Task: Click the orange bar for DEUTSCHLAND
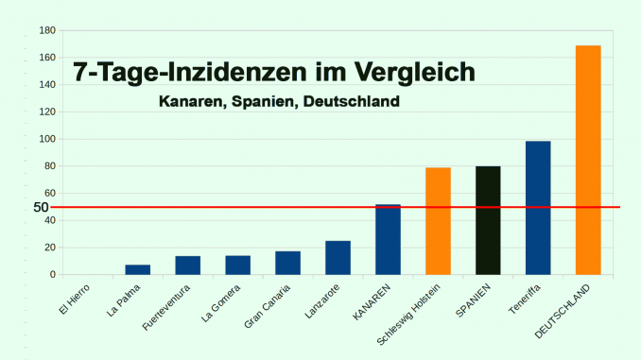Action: click(x=588, y=160)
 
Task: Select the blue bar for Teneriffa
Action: click(x=538, y=208)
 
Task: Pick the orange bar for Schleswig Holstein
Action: click(x=438, y=221)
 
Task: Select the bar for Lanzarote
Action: click(x=338, y=258)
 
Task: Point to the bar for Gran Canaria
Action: click(x=287, y=263)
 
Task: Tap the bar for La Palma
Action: click(x=138, y=269)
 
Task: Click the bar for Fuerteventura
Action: click(x=187, y=266)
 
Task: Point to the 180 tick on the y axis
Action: click(x=45, y=30)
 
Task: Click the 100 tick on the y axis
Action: click(x=45, y=139)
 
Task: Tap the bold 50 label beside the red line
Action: click(x=41, y=207)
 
